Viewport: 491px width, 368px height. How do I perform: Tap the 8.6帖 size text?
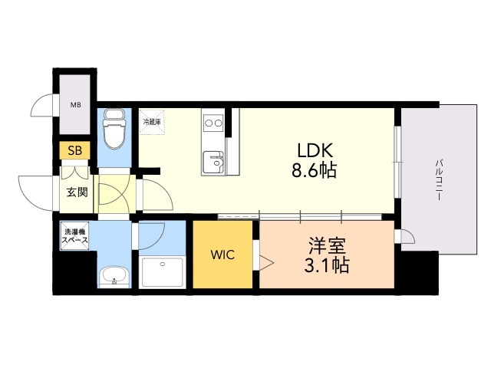click(x=314, y=170)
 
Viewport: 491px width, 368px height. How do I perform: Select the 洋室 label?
click(x=328, y=247)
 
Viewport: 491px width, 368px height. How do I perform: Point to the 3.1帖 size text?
click(x=328, y=266)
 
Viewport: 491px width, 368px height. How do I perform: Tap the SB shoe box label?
click(x=76, y=150)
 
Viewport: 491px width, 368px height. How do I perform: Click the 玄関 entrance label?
click(x=77, y=191)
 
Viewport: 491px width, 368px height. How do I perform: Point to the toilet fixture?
click(x=114, y=129)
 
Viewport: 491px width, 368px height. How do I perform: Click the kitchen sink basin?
click(x=212, y=163)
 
